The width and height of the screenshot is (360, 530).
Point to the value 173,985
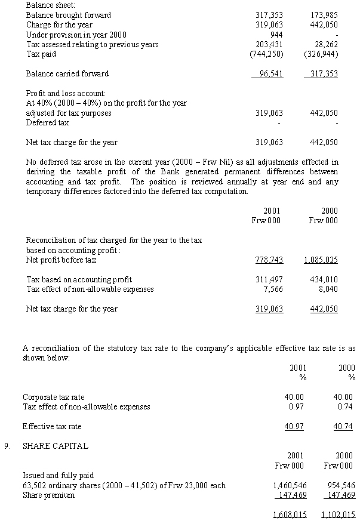tap(325, 15)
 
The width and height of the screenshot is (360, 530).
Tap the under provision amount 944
tap(276, 35)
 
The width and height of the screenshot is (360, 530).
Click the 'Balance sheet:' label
tap(48, 5)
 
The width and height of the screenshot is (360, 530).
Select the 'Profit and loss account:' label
tap(66, 94)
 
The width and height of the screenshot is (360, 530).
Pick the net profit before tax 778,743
tap(269, 260)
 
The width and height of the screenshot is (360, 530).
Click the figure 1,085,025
tap(321, 260)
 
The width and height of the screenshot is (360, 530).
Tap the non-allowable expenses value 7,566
tap(273, 289)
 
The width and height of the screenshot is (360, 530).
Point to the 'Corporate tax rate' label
tap(53, 397)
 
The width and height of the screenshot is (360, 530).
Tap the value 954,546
tap(340, 485)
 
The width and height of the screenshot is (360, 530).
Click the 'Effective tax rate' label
tap(52, 427)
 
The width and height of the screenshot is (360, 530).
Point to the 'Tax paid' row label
tap(41, 54)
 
